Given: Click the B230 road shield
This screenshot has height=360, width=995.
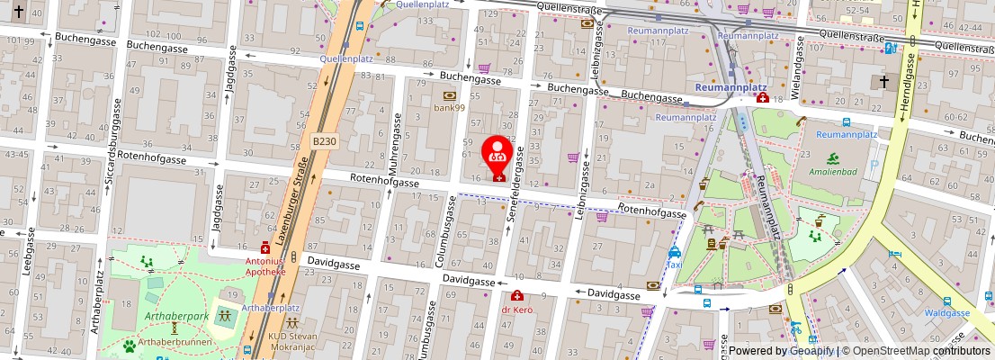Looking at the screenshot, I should tap(324, 141).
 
